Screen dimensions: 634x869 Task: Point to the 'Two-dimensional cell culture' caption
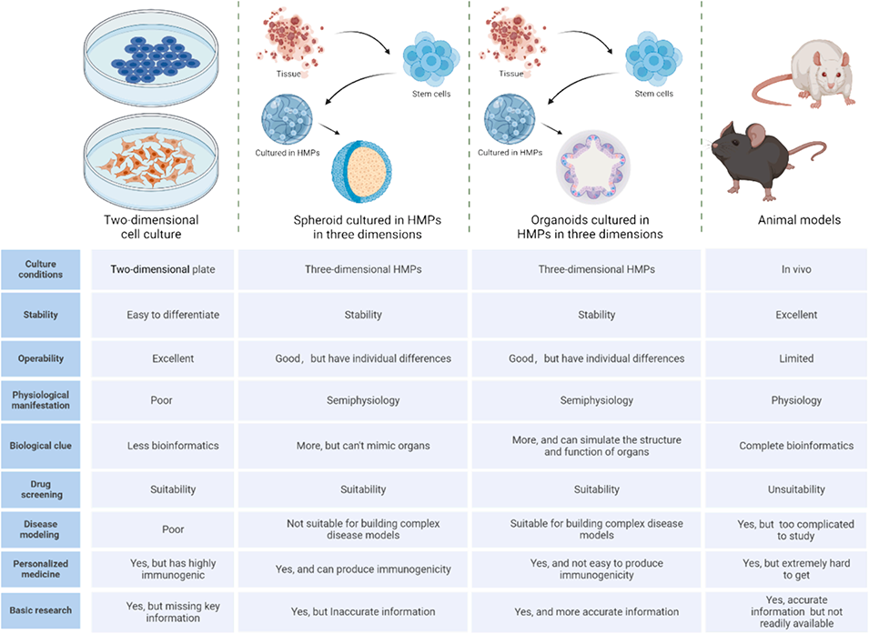(x=151, y=226)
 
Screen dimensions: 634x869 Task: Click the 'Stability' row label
(x=41, y=315)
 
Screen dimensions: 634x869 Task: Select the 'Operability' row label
(x=41, y=358)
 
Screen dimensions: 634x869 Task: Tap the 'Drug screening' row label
(x=41, y=489)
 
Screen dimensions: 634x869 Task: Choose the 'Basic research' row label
(x=41, y=609)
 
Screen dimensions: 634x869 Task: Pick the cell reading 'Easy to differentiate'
(x=173, y=315)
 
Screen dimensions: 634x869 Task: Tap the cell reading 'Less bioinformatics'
(x=173, y=446)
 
